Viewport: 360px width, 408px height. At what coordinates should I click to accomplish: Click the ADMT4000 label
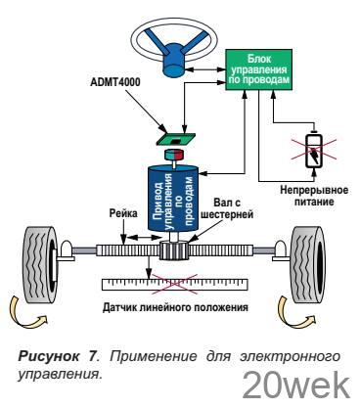[115, 82]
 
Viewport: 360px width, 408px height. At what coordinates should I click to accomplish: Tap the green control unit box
[259, 69]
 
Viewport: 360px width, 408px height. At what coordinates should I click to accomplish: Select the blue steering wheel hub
[174, 64]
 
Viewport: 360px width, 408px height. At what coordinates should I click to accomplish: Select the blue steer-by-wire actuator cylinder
[173, 198]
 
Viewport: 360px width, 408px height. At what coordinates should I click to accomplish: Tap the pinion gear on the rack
[174, 250]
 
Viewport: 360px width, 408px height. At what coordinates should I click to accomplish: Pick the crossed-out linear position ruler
[174, 285]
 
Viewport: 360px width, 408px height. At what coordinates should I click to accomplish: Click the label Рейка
[123, 214]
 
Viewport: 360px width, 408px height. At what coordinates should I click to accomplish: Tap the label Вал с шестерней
[227, 209]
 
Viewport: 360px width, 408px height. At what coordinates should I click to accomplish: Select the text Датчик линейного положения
[175, 307]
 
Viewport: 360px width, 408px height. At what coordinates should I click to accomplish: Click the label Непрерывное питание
[314, 196]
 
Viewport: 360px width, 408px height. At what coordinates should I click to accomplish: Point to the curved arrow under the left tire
[27, 311]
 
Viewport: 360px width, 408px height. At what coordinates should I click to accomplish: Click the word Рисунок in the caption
[48, 356]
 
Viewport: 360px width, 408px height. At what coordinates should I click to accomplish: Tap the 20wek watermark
[296, 386]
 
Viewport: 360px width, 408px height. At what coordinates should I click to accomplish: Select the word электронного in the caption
[290, 356]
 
